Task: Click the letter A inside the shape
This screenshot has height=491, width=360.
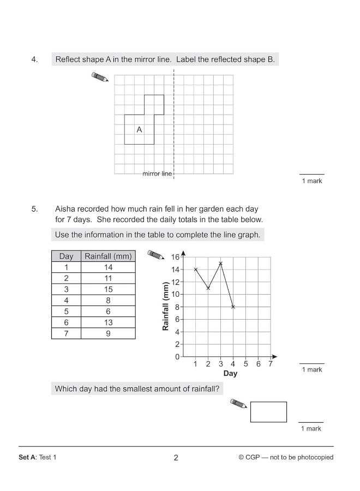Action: (x=139, y=130)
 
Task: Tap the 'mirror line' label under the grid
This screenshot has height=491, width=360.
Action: (x=157, y=174)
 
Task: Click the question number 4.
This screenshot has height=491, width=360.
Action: (x=34, y=59)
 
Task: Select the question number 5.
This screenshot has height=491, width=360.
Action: (x=34, y=209)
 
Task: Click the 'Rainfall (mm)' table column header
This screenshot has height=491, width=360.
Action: (x=108, y=256)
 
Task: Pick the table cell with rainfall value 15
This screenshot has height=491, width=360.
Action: (x=108, y=289)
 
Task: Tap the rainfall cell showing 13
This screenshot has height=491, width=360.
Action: (x=108, y=322)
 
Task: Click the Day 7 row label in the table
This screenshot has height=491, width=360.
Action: (x=66, y=333)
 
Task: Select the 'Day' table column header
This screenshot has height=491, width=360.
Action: (x=66, y=256)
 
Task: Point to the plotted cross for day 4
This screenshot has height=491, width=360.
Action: (x=233, y=307)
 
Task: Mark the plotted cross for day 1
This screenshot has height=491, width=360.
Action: (x=195, y=270)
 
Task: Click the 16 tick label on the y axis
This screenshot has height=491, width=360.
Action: (x=175, y=257)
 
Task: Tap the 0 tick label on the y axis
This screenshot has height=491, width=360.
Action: (x=177, y=357)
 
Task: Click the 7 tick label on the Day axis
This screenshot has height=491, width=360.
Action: (x=270, y=364)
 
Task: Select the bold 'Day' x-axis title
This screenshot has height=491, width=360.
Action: (x=230, y=374)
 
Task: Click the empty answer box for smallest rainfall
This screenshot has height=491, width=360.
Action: (x=268, y=412)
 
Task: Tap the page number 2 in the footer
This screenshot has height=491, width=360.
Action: (x=176, y=458)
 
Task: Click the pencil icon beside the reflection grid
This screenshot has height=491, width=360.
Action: (x=101, y=77)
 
